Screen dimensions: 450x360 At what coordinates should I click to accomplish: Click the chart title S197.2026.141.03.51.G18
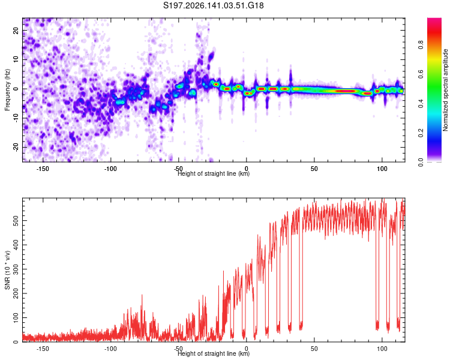pyautogui.click(x=213, y=5)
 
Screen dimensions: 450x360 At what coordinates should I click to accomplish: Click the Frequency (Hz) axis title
pyautogui.click(x=7, y=90)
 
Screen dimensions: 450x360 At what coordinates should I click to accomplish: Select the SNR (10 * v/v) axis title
pyautogui.click(x=7, y=270)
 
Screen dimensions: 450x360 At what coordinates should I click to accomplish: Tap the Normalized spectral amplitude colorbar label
pyautogui.click(x=445, y=90)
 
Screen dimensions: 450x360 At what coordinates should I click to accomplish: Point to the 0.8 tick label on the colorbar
pyautogui.click(x=421, y=45)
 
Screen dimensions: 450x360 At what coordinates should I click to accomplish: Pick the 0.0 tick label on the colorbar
pyautogui.click(x=421, y=162)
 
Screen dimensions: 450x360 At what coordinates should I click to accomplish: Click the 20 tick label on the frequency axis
pyautogui.click(x=16, y=31)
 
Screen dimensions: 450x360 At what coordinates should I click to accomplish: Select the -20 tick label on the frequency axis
pyautogui.click(x=16, y=147)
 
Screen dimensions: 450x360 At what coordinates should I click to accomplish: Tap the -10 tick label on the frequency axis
pyautogui.click(x=16, y=118)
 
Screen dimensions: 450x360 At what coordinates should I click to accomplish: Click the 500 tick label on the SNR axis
pyautogui.click(x=16, y=220)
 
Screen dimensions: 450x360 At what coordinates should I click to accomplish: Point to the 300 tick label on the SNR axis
pyautogui.click(x=16, y=269)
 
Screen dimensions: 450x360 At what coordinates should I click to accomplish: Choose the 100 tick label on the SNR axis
pyautogui.click(x=16, y=317)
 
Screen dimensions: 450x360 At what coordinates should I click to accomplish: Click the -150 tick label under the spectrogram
pyautogui.click(x=43, y=169)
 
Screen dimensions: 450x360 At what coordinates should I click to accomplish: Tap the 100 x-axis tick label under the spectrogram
pyautogui.click(x=382, y=169)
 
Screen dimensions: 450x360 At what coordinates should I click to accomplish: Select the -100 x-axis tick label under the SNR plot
pyautogui.click(x=110, y=349)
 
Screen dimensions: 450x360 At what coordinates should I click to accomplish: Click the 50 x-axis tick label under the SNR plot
pyautogui.click(x=314, y=349)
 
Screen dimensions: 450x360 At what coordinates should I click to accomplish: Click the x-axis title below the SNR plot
pyautogui.click(x=214, y=353)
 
